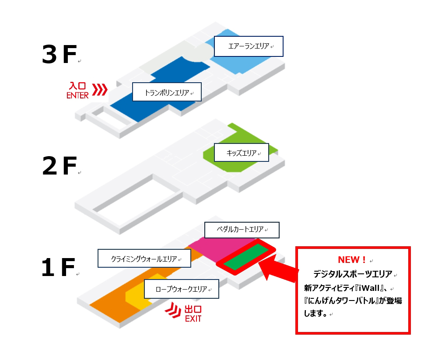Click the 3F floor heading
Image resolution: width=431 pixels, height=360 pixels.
coord(59,54)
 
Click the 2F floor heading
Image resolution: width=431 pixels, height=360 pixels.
coord(59,166)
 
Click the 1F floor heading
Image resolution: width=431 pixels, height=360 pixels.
coord(58,267)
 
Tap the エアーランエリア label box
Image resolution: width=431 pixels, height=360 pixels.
coord(249,46)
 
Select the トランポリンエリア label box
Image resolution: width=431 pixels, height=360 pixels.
coord(167,92)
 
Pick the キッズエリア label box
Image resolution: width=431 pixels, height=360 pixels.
coord(242,153)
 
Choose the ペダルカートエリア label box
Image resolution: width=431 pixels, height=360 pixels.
coord(242,230)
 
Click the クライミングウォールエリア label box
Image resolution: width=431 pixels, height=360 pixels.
coord(144,259)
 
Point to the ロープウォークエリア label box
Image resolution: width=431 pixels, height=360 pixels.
coord(182,289)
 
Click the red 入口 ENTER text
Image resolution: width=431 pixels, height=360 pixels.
coord(77,91)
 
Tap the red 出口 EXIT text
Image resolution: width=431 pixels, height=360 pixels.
coord(193,314)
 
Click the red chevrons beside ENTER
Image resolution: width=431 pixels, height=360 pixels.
coord(99,90)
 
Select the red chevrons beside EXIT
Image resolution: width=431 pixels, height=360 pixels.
coord(173,310)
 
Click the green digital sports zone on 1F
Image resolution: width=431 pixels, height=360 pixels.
coord(246,257)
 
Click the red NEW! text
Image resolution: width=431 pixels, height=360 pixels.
coord(351,260)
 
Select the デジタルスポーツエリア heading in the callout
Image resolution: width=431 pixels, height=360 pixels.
coord(353,274)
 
